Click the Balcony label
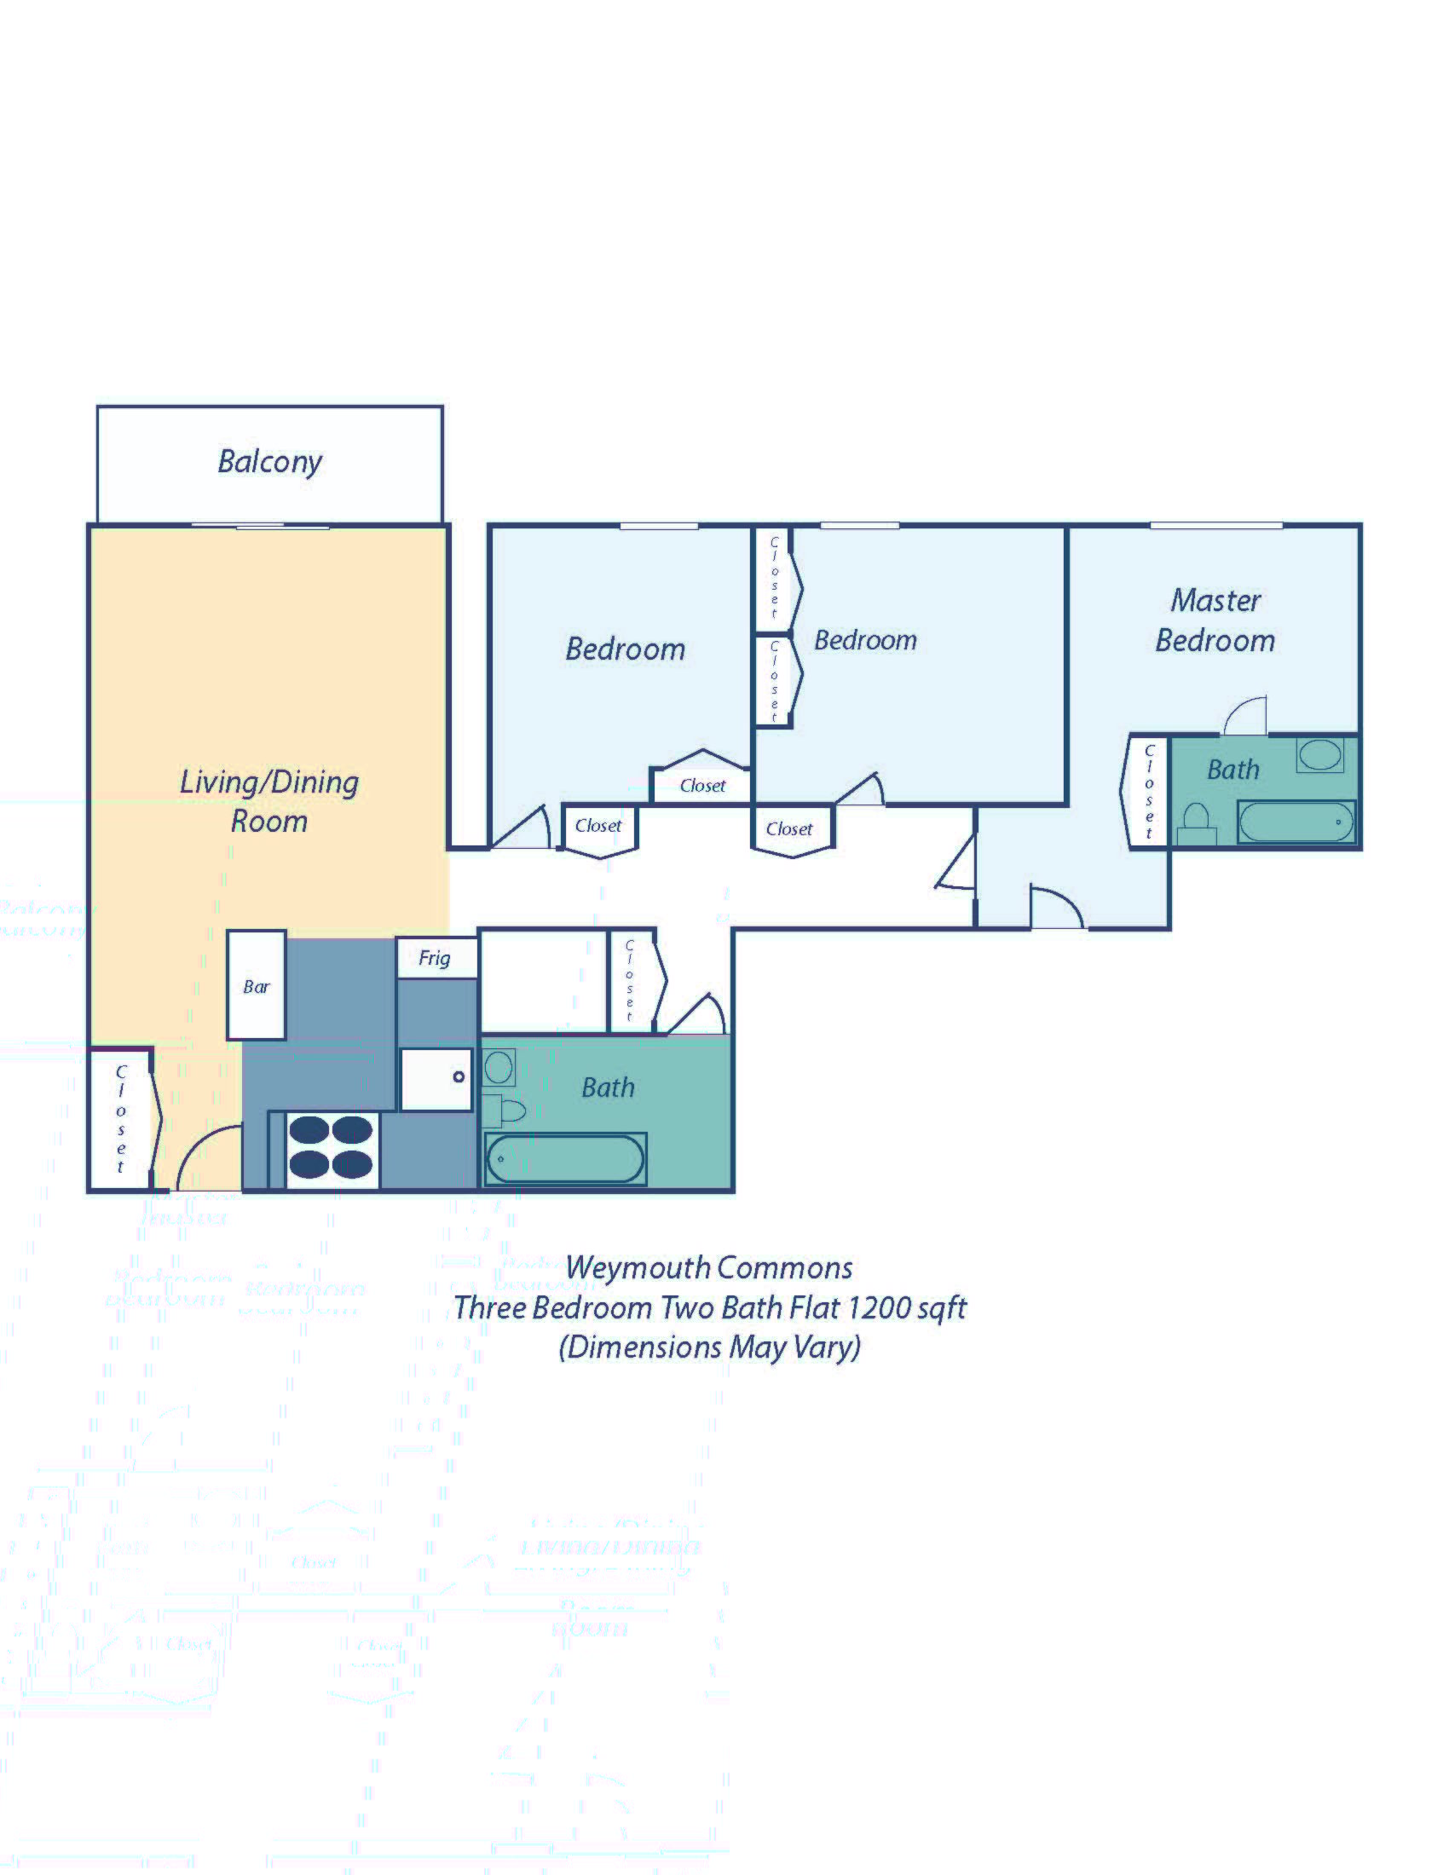(269, 462)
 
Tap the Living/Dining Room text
(268, 801)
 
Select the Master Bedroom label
(1215, 620)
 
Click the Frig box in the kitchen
(436, 958)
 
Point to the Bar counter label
(256, 986)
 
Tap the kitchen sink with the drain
(437, 1079)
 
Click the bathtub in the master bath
(1296, 822)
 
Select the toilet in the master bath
(1196, 825)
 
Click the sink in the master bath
(1319, 754)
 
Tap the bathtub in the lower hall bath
(565, 1159)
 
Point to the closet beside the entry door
(121, 1119)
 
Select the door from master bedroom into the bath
(1244, 717)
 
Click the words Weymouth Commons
(709, 1268)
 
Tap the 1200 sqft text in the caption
(907, 1307)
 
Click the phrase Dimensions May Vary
(709, 1346)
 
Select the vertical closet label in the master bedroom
(1149, 792)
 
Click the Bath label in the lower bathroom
(608, 1087)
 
